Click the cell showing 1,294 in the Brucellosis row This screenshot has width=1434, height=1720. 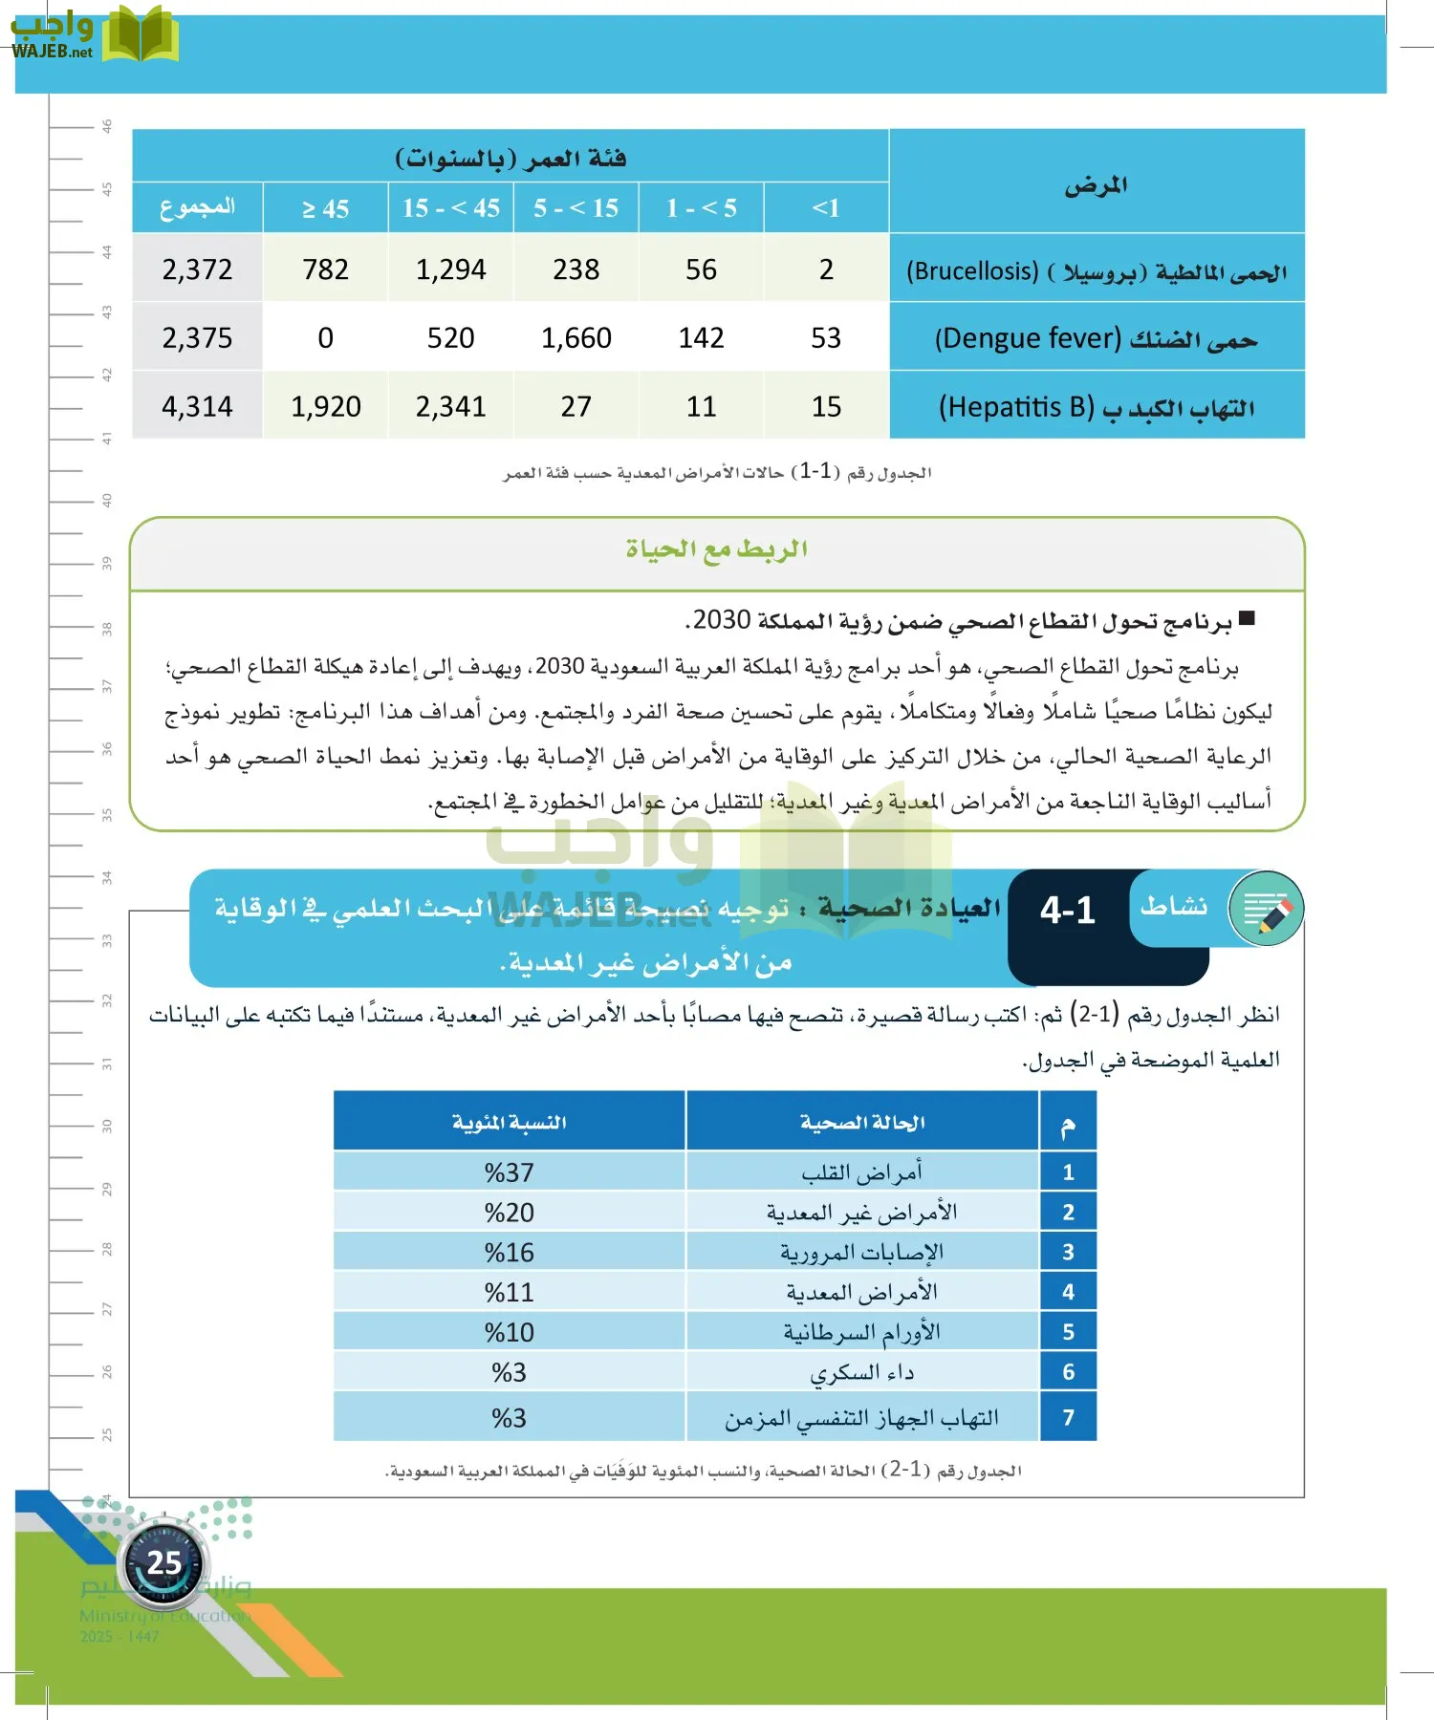(x=450, y=269)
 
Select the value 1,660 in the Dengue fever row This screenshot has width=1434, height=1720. (x=576, y=338)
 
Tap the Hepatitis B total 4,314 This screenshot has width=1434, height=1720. (x=197, y=407)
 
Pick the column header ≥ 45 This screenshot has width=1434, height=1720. (x=325, y=208)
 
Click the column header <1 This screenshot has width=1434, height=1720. (x=826, y=208)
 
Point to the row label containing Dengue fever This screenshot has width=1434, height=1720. (x=1096, y=338)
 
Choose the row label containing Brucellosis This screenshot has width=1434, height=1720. (x=1096, y=271)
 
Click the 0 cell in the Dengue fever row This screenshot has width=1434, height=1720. (x=325, y=338)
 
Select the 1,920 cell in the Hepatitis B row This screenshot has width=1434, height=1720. (x=325, y=407)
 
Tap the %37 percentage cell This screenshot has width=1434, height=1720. (x=509, y=1172)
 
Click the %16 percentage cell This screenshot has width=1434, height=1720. (x=509, y=1253)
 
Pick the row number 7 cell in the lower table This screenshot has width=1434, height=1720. (x=1068, y=1418)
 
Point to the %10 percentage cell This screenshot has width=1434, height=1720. (x=509, y=1333)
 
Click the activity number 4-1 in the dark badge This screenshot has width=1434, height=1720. (x=1067, y=911)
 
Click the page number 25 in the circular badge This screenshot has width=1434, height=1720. (x=163, y=1563)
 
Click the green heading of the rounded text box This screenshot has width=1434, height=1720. (x=716, y=549)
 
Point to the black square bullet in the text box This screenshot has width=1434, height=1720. (x=1247, y=619)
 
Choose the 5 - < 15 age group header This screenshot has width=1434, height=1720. (x=576, y=208)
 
